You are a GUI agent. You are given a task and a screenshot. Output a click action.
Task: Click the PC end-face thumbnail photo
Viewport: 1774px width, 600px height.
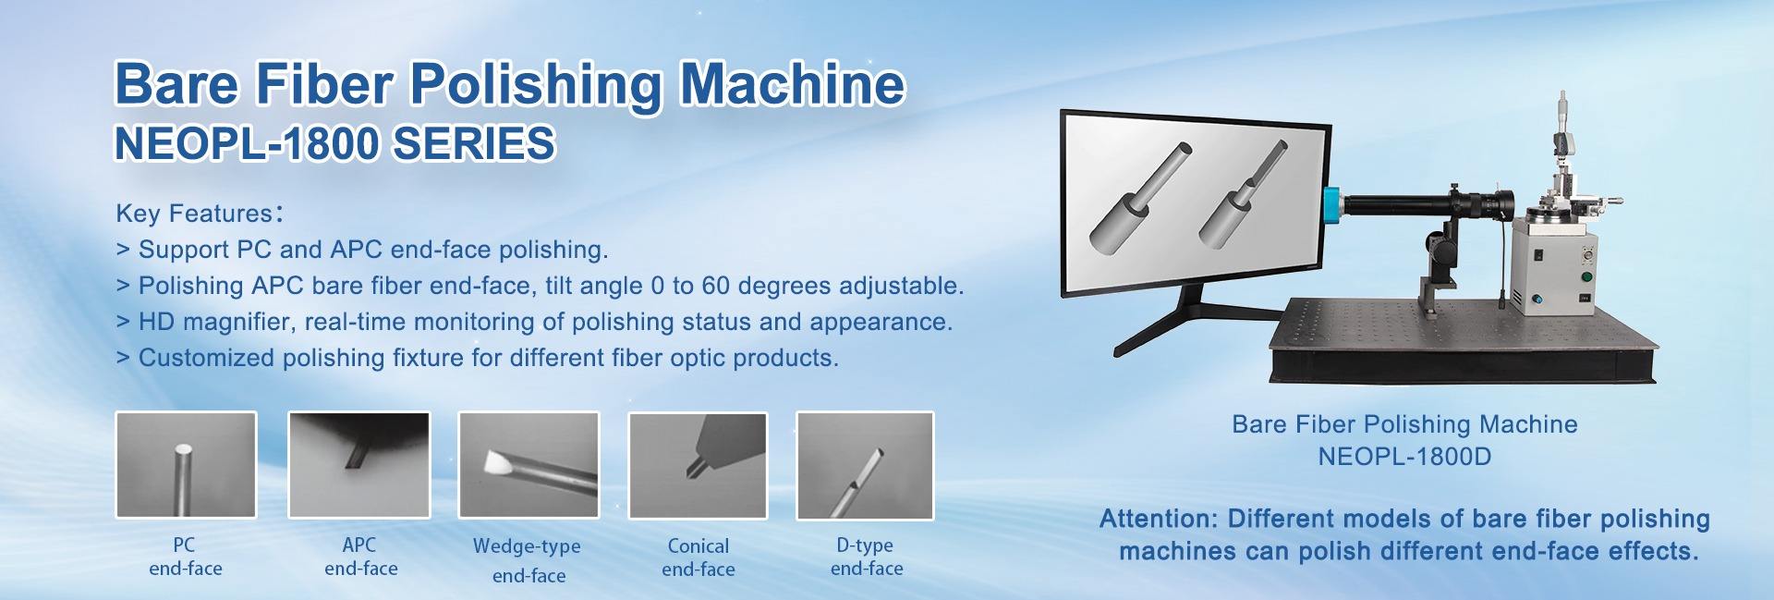[186, 465]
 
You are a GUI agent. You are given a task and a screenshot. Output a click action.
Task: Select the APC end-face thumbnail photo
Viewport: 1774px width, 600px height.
[359, 465]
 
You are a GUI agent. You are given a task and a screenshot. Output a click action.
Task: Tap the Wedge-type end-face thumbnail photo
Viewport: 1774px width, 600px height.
[529, 465]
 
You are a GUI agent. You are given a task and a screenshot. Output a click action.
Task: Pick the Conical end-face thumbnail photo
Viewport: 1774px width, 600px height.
[699, 465]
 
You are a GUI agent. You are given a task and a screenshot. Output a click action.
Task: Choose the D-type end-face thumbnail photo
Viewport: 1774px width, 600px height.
[866, 465]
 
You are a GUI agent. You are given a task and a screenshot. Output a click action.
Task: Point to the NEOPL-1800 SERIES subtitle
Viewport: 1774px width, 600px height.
[334, 144]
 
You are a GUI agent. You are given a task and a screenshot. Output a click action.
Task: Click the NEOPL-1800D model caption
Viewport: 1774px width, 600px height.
[1404, 457]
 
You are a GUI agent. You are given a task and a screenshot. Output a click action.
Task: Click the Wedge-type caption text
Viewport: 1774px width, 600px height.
[527, 546]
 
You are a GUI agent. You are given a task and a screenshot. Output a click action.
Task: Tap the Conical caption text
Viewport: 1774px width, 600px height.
[699, 546]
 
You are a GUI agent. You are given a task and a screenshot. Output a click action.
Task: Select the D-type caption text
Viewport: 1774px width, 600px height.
[865, 545]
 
